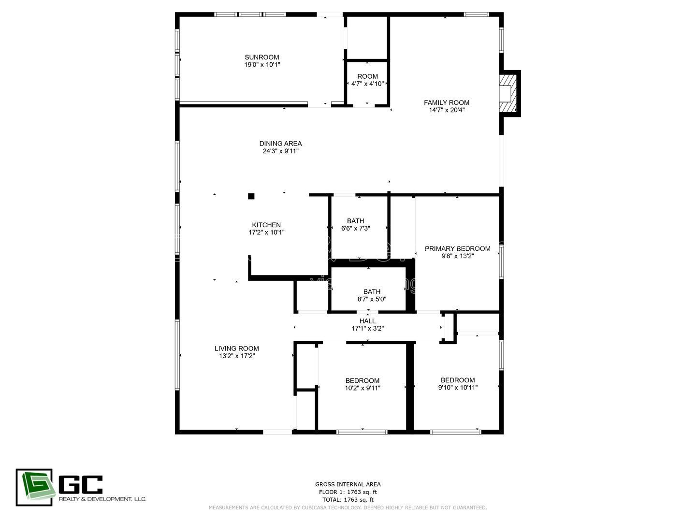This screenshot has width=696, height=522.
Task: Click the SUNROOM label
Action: (261, 57)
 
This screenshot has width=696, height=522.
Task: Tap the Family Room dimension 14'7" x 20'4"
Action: (447, 110)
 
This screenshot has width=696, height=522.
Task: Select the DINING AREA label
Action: (280, 144)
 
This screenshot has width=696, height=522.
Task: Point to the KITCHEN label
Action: (266, 225)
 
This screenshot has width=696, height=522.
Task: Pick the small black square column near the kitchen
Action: (251, 196)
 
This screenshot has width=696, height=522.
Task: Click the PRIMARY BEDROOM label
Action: (457, 248)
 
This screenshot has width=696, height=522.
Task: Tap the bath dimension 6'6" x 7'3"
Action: (355, 229)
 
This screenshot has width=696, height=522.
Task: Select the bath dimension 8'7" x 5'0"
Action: (372, 299)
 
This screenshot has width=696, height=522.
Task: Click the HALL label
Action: (367, 321)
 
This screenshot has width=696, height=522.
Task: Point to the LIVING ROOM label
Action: (236, 348)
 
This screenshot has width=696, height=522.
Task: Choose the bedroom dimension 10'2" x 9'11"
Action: (362, 388)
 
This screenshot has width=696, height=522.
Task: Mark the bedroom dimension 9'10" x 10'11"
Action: (458, 387)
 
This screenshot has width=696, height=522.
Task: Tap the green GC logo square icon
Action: (34, 487)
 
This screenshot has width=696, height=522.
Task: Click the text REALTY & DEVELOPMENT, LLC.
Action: (102, 499)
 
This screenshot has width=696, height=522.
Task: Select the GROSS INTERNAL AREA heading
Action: (348, 484)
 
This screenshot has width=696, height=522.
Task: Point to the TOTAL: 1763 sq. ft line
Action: (348, 500)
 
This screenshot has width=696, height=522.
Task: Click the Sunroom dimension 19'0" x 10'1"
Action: (262, 64)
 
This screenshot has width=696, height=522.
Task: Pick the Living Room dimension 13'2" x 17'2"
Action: (236, 356)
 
